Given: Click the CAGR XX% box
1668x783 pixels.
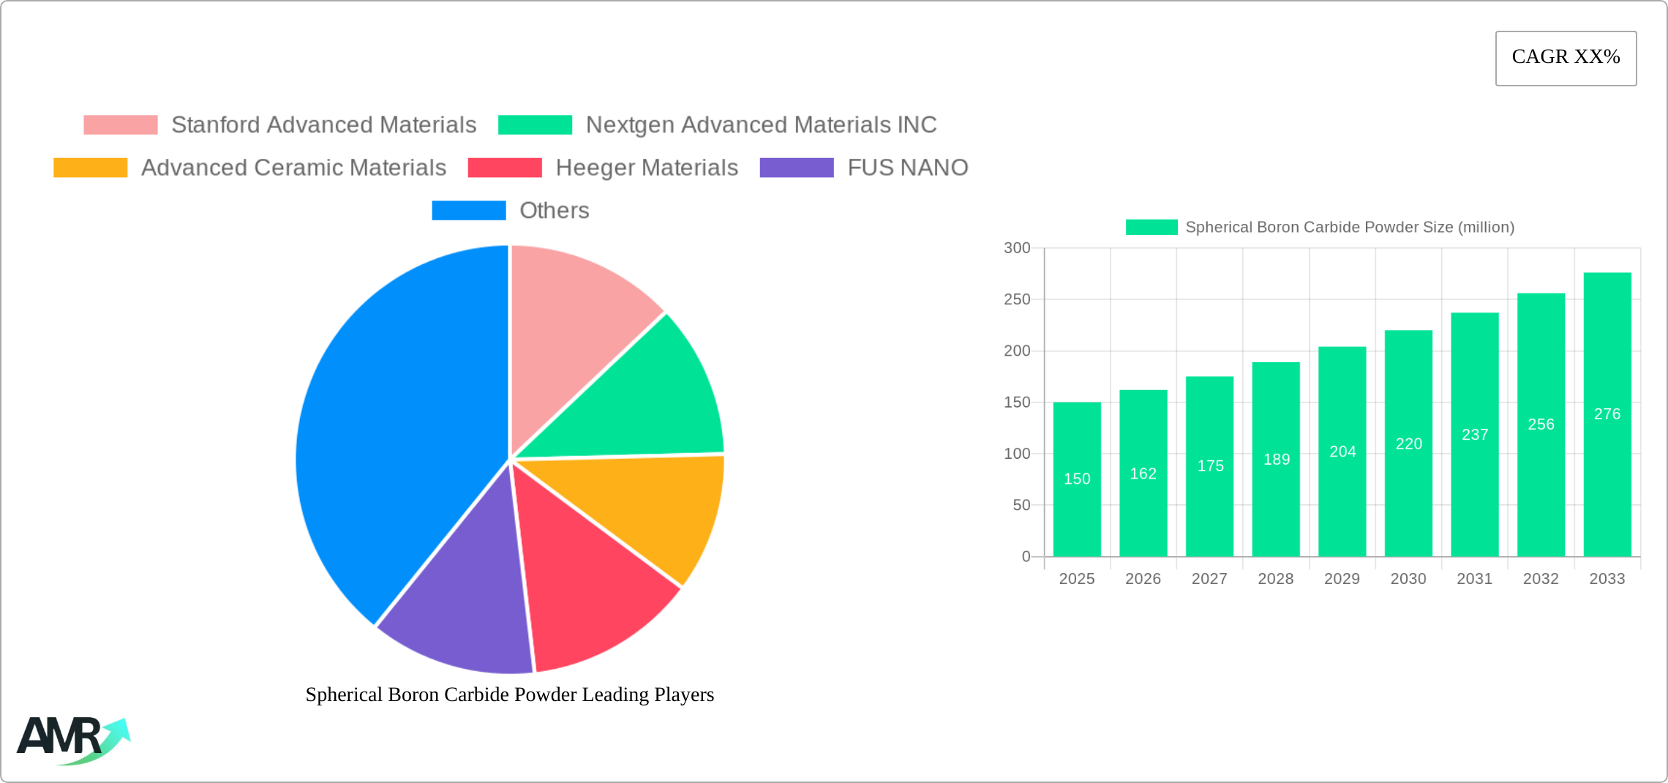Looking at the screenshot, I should (1566, 58).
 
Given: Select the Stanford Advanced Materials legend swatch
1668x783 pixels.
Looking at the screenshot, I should (120, 125).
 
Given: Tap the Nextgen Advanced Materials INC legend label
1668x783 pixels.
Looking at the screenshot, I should (761, 125).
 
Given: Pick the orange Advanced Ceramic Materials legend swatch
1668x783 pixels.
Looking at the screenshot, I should (90, 168).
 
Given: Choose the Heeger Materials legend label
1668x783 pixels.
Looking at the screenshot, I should (647, 168).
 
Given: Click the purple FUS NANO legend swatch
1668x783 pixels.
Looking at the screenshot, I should (796, 168).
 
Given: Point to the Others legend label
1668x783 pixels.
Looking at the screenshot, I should (554, 211).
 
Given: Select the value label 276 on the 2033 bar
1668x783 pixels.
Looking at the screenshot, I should (1607, 414).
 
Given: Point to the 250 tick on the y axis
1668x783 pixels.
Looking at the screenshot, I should (1016, 299).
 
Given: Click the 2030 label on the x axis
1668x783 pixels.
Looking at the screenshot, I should (1408, 579).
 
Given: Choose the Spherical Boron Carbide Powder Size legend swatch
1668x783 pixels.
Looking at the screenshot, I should (1152, 228).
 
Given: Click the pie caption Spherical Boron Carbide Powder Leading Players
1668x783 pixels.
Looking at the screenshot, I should (509, 694).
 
